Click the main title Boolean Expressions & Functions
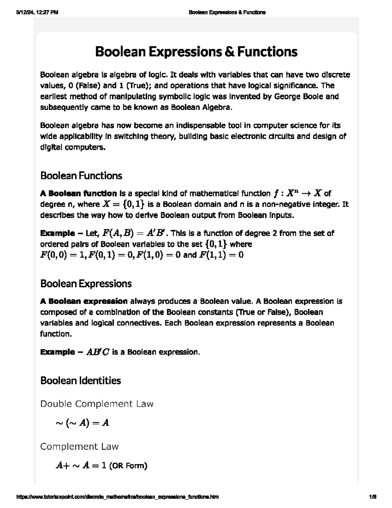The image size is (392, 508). click(196, 52)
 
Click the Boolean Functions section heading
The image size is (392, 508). click(81, 176)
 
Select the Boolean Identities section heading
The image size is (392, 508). click(80, 380)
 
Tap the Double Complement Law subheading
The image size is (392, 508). click(97, 404)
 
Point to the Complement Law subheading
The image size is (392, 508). click(79, 447)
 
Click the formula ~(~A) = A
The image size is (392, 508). click(82, 423)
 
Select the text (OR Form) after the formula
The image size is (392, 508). click(128, 465)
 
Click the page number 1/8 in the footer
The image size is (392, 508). click(373, 497)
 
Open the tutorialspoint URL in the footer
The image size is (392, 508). click(117, 497)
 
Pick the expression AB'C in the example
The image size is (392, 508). click(98, 352)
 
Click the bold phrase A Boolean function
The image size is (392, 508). click(78, 193)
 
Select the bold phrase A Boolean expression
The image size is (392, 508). click(84, 301)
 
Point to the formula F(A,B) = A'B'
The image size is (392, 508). click(135, 233)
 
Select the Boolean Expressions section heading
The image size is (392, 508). click(86, 283)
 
